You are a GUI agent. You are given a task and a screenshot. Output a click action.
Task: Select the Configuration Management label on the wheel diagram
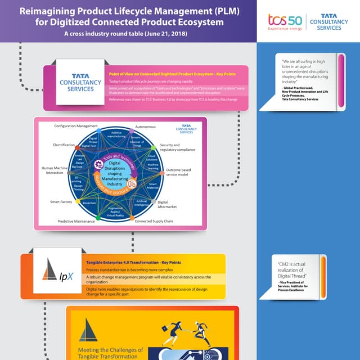point(76,126)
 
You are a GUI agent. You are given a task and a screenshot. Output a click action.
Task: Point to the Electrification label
point(64,145)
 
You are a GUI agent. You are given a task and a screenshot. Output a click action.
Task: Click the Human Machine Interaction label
point(55,170)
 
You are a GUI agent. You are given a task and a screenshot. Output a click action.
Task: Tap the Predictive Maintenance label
point(76,221)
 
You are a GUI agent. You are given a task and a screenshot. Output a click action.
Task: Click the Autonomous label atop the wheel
point(146,127)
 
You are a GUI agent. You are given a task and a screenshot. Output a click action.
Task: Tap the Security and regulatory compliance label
point(178,147)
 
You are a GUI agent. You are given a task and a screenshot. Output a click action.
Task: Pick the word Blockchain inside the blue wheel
point(91,202)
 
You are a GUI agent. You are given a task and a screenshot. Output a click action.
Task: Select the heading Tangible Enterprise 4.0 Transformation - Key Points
point(133,263)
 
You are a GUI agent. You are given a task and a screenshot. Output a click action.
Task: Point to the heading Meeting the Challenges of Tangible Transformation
point(110,353)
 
